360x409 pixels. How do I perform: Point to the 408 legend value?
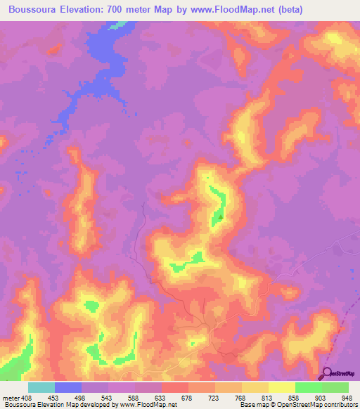click(x=23, y=398)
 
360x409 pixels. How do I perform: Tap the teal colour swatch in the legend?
click(x=41, y=387)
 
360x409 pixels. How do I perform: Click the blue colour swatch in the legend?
click(x=68, y=387)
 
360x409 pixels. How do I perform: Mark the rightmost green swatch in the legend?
click(x=335, y=387)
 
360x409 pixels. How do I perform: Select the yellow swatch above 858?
click(x=282, y=387)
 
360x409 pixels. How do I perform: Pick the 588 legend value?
click(x=122, y=398)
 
